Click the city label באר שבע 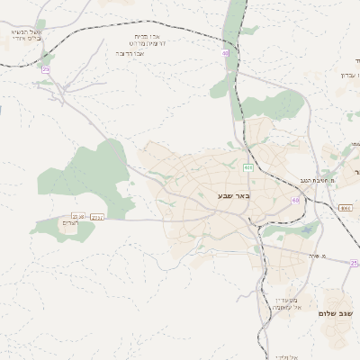234,194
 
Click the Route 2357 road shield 97,217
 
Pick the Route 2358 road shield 78,216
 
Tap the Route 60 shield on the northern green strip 227,54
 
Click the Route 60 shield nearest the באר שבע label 294,200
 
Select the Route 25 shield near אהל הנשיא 46,68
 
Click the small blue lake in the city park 308,230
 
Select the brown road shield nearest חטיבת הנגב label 345,208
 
